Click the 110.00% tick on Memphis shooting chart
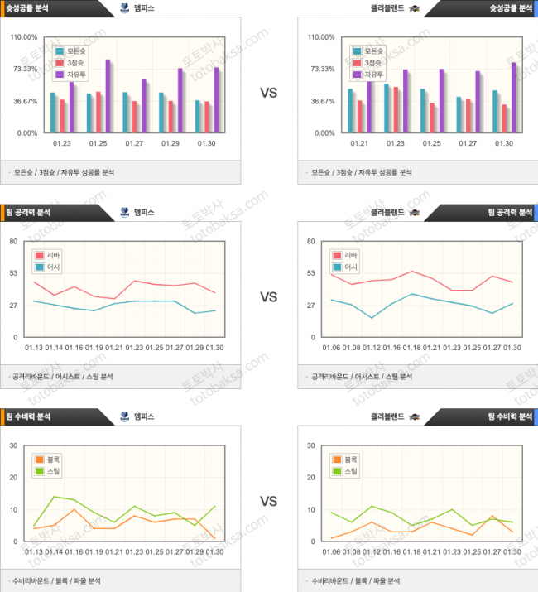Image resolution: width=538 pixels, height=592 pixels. pos(24,37)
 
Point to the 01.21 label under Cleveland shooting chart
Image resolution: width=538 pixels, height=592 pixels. pos(359,143)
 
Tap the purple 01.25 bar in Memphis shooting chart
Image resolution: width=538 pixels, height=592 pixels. pos(108,96)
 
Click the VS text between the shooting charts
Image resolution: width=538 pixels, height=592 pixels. pos(268,94)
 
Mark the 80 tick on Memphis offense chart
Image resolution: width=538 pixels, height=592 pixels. pos(13,241)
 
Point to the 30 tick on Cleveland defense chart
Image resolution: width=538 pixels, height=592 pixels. pos(310,445)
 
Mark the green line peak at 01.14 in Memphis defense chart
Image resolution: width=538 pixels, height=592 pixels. pos(54,497)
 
